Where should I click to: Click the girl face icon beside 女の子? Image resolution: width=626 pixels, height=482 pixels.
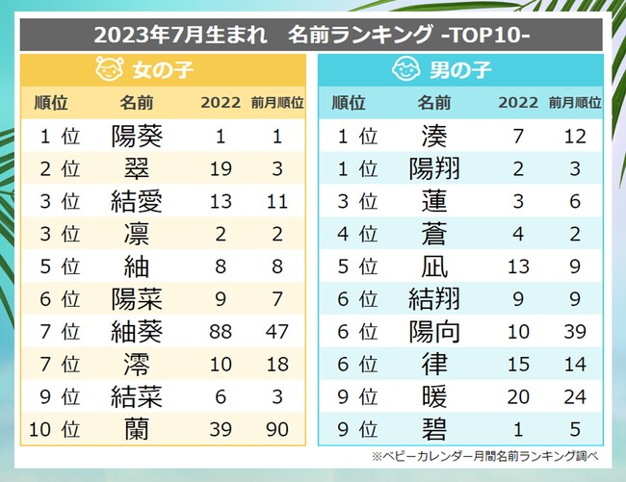click(x=109, y=70)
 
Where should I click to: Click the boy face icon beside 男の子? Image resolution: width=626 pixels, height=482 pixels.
click(x=406, y=70)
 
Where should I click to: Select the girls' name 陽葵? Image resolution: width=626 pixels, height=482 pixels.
click(x=137, y=137)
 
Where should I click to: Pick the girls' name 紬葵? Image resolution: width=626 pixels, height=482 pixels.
click(x=137, y=332)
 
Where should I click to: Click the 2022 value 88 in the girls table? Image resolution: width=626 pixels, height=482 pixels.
click(x=222, y=332)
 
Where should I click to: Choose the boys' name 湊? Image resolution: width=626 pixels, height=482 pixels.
click(x=434, y=137)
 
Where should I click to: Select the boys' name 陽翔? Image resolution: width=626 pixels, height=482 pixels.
click(x=434, y=169)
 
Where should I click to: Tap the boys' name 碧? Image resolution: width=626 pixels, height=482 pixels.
click(x=434, y=430)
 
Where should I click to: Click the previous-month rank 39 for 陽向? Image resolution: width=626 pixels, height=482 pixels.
click(x=575, y=332)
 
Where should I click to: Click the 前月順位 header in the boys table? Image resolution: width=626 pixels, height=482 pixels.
click(x=575, y=103)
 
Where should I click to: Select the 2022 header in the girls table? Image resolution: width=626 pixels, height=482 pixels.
click(x=222, y=103)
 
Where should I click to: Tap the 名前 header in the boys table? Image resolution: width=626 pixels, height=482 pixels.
click(x=434, y=103)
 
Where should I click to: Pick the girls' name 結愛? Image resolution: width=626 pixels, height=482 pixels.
click(x=137, y=202)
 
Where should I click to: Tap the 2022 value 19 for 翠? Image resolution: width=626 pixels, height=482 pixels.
click(x=222, y=169)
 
